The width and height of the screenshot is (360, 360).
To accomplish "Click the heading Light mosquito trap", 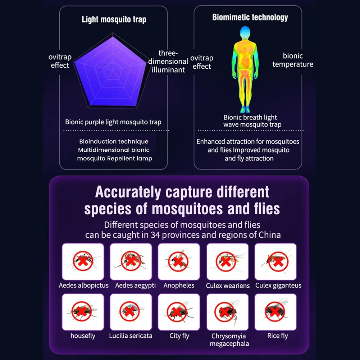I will click(x=114, y=19).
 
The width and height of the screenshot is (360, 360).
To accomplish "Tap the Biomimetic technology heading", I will click(x=250, y=17).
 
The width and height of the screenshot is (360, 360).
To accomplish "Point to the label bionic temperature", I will click(x=293, y=60).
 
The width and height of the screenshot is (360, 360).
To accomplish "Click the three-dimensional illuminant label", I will click(x=168, y=61).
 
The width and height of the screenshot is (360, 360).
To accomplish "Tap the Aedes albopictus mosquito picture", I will click(x=83, y=261).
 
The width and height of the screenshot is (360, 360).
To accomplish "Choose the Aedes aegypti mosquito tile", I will click(x=131, y=261).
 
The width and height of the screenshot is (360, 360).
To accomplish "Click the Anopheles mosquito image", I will click(x=179, y=261).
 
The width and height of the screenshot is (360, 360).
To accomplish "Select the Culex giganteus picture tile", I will click(x=275, y=261).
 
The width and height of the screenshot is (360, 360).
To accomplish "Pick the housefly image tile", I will click(x=83, y=312).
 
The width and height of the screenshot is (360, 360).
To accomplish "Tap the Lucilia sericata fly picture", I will click(x=131, y=312).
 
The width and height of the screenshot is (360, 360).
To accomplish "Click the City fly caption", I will click(x=179, y=336).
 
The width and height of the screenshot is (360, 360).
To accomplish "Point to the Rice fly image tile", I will click(x=275, y=312).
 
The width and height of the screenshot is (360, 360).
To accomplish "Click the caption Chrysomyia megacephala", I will click(x=228, y=340).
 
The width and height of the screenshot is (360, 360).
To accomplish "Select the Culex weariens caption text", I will click(x=228, y=286).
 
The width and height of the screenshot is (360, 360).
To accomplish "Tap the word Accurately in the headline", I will click(x=128, y=192).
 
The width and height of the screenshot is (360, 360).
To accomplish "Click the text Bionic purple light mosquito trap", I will click(x=113, y=122).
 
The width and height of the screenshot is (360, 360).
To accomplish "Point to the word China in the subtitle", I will click(x=270, y=235).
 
